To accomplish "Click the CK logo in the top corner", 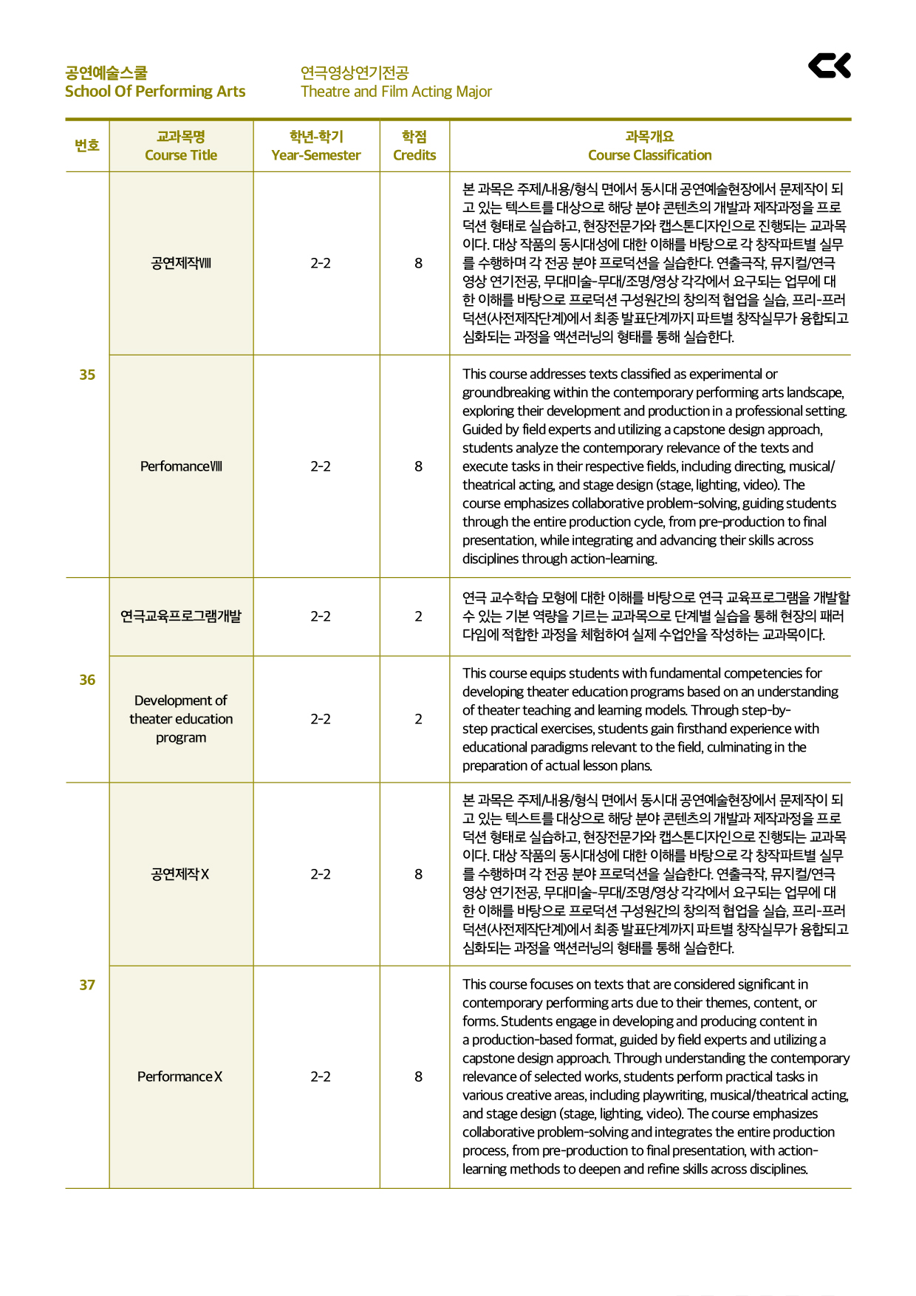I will (830, 66).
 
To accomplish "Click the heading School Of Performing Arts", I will (155, 92).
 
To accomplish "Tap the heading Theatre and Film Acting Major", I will (396, 92).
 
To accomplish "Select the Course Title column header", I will (181, 146).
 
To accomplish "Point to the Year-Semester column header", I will (316, 146).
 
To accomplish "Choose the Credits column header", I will (414, 146).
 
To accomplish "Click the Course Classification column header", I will (649, 146).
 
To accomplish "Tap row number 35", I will (87, 375).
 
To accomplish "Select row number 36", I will (87, 680).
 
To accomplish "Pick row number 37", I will (87, 985).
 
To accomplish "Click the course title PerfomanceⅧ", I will (181, 466).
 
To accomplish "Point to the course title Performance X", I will (180, 1077).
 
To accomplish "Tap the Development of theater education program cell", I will (181, 719).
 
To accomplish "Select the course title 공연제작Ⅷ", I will (181, 263).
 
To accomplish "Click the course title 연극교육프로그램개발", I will (181, 616).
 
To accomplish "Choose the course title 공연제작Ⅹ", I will (180, 874).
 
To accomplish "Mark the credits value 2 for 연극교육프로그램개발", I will (418, 616).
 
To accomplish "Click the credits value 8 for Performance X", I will (418, 1077).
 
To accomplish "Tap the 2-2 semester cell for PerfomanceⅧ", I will (321, 466).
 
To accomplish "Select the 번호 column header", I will (87, 146).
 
